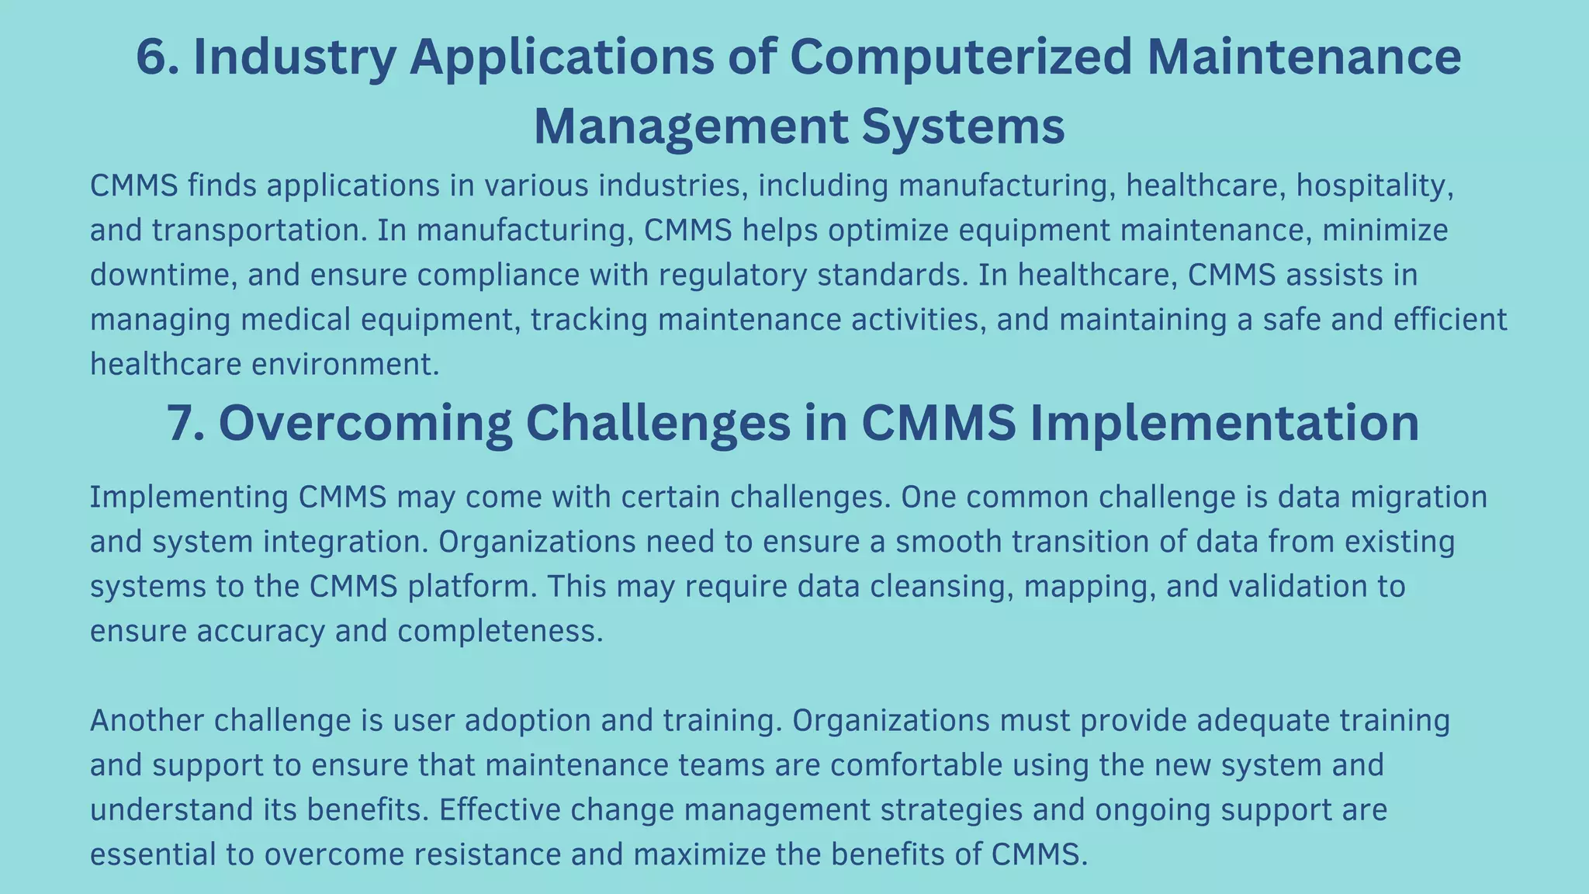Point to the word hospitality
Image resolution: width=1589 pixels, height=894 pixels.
1374,186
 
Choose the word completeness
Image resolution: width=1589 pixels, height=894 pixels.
500,632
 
